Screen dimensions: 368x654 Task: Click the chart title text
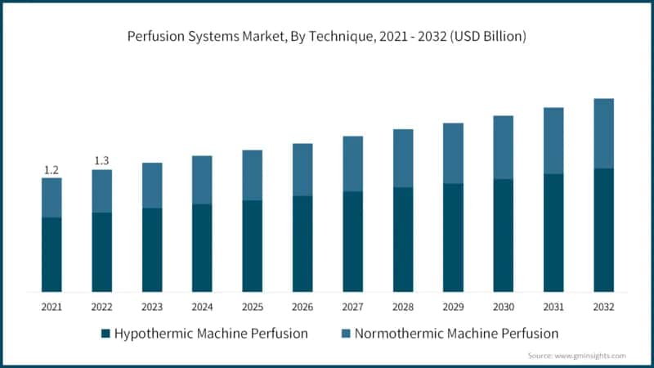tap(327, 37)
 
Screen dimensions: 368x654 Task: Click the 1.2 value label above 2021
tap(52, 170)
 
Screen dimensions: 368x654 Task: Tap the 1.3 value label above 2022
tap(101, 160)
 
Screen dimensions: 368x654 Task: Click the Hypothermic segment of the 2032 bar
tap(603, 230)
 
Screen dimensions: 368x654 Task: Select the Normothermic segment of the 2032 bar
tap(603, 133)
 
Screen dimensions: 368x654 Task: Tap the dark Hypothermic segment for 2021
tap(52, 254)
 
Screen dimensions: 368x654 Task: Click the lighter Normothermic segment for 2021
tap(52, 197)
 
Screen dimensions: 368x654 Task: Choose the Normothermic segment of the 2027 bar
tap(352, 164)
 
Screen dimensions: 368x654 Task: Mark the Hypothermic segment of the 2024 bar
tap(202, 248)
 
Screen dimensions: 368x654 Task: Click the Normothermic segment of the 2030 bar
tap(503, 147)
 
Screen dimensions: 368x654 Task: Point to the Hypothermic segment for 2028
tap(403, 240)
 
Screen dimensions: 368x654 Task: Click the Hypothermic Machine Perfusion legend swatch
tap(105, 334)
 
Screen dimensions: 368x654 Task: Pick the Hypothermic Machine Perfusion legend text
tap(211, 334)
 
